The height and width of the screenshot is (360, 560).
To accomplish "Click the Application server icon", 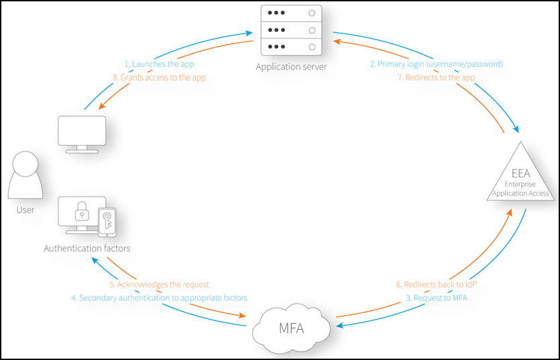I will [292, 31].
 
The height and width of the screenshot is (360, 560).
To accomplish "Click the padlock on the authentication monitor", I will [82, 214].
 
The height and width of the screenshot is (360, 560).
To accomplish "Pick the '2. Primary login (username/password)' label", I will [436, 64].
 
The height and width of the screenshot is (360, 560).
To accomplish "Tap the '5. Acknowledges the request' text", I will [160, 285].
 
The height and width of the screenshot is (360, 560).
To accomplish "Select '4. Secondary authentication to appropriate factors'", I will [159, 298].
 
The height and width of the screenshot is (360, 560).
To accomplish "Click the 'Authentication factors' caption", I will [87, 249].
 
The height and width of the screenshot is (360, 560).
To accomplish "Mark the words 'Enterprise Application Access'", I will [520, 188].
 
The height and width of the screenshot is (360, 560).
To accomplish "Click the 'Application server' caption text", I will [291, 66].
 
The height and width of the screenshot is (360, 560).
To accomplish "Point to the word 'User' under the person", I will [25, 210].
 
